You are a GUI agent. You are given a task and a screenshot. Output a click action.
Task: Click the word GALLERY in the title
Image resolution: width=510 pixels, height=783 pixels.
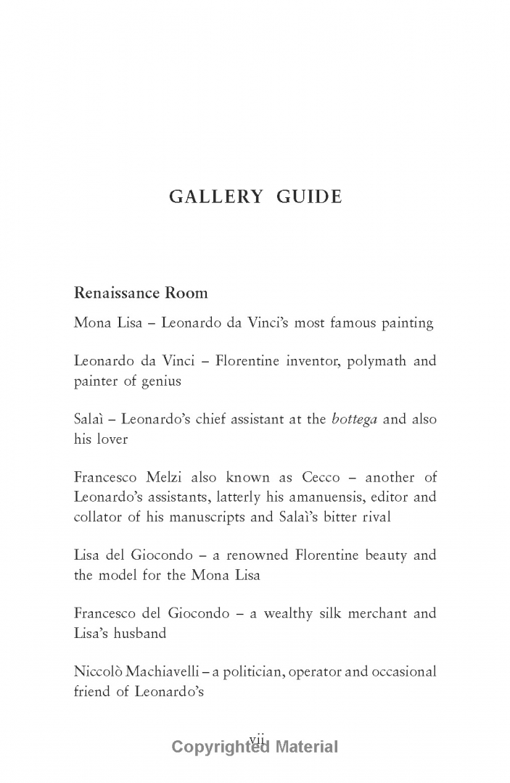pyautogui.click(x=215, y=197)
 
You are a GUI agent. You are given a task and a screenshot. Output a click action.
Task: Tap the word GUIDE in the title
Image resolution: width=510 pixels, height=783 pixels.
pyautogui.click(x=308, y=197)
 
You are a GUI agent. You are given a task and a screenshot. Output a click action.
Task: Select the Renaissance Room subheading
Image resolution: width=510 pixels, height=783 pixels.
pyautogui.click(x=141, y=294)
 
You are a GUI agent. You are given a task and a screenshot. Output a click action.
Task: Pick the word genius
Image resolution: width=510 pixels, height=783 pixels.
pyautogui.click(x=159, y=381)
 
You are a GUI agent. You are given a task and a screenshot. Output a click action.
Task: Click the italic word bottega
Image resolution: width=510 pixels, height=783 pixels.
pyautogui.click(x=354, y=419)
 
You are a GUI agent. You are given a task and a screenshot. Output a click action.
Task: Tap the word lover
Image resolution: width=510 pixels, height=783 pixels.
pyautogui.click(x=110, y=439)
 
